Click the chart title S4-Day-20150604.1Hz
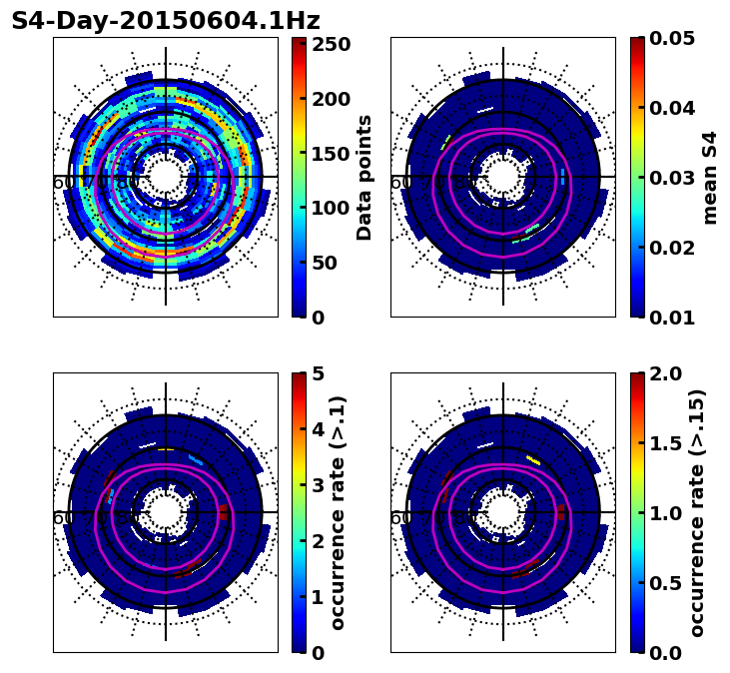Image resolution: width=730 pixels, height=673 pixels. click(166, 21)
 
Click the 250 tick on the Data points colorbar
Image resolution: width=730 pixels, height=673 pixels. click(331, 44)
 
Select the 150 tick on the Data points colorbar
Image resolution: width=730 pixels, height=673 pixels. click(331, 154)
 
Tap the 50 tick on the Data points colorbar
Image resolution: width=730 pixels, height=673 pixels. click(331, 263)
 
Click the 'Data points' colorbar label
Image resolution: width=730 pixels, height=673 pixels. click(365, 177)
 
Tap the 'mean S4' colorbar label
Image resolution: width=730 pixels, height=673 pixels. click(710, 177)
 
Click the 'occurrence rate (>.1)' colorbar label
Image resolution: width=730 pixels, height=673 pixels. click(338, 512)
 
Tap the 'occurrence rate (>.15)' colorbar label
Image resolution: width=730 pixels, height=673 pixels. click(697, 512)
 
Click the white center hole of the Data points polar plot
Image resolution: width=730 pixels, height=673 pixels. click(166, 177)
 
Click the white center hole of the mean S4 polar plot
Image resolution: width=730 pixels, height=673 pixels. click(503, 177)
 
